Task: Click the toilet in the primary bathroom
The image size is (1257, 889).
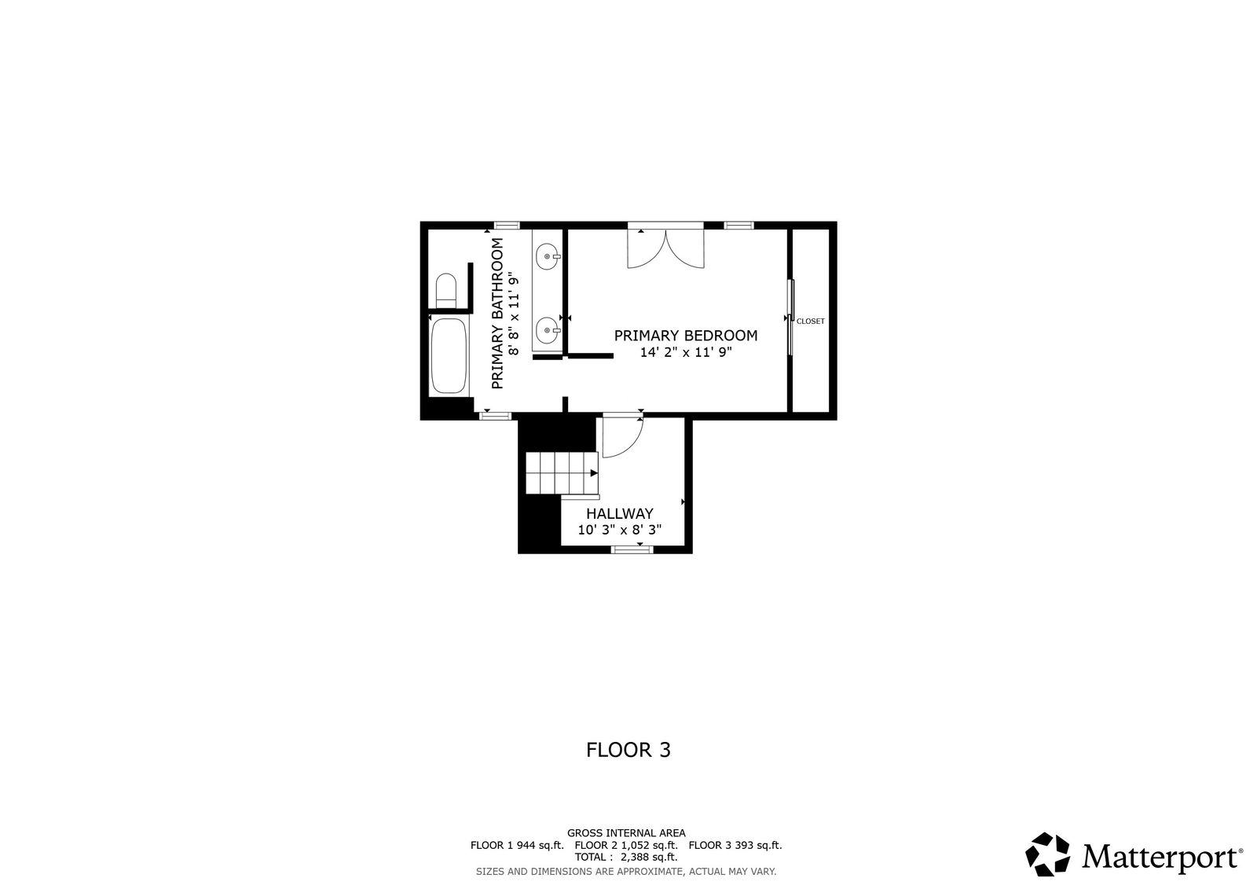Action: tap(446, 290)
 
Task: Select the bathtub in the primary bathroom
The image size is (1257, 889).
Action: tap(449, 356)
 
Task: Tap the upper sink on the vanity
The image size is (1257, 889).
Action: tap(547, 257)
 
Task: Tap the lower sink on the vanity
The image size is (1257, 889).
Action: tap(547, 330)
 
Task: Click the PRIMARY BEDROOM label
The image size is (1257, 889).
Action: tap(686, 336)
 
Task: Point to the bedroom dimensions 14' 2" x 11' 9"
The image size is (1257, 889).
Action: tap(686, 353)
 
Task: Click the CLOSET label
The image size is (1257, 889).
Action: tap(811, 321)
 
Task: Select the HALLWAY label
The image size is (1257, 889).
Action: tap(620, 514)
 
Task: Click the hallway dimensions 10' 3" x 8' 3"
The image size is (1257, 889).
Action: tap(620, 530)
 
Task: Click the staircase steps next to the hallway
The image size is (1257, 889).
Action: tap(563, 473)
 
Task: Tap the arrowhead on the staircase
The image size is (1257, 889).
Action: tap(594, 473)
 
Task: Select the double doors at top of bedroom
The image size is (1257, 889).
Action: tap(665, 245)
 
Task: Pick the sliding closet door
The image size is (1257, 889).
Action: tap(790, 318)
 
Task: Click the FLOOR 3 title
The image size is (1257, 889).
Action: tap(628, 750)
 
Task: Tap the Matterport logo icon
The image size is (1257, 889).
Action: tap(1047, 854)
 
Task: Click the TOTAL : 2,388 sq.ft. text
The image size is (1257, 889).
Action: tap(626, 857)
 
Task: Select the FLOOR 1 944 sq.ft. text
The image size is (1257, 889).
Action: tap(517, 845)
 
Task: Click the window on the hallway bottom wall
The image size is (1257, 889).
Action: tap(632, 549)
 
